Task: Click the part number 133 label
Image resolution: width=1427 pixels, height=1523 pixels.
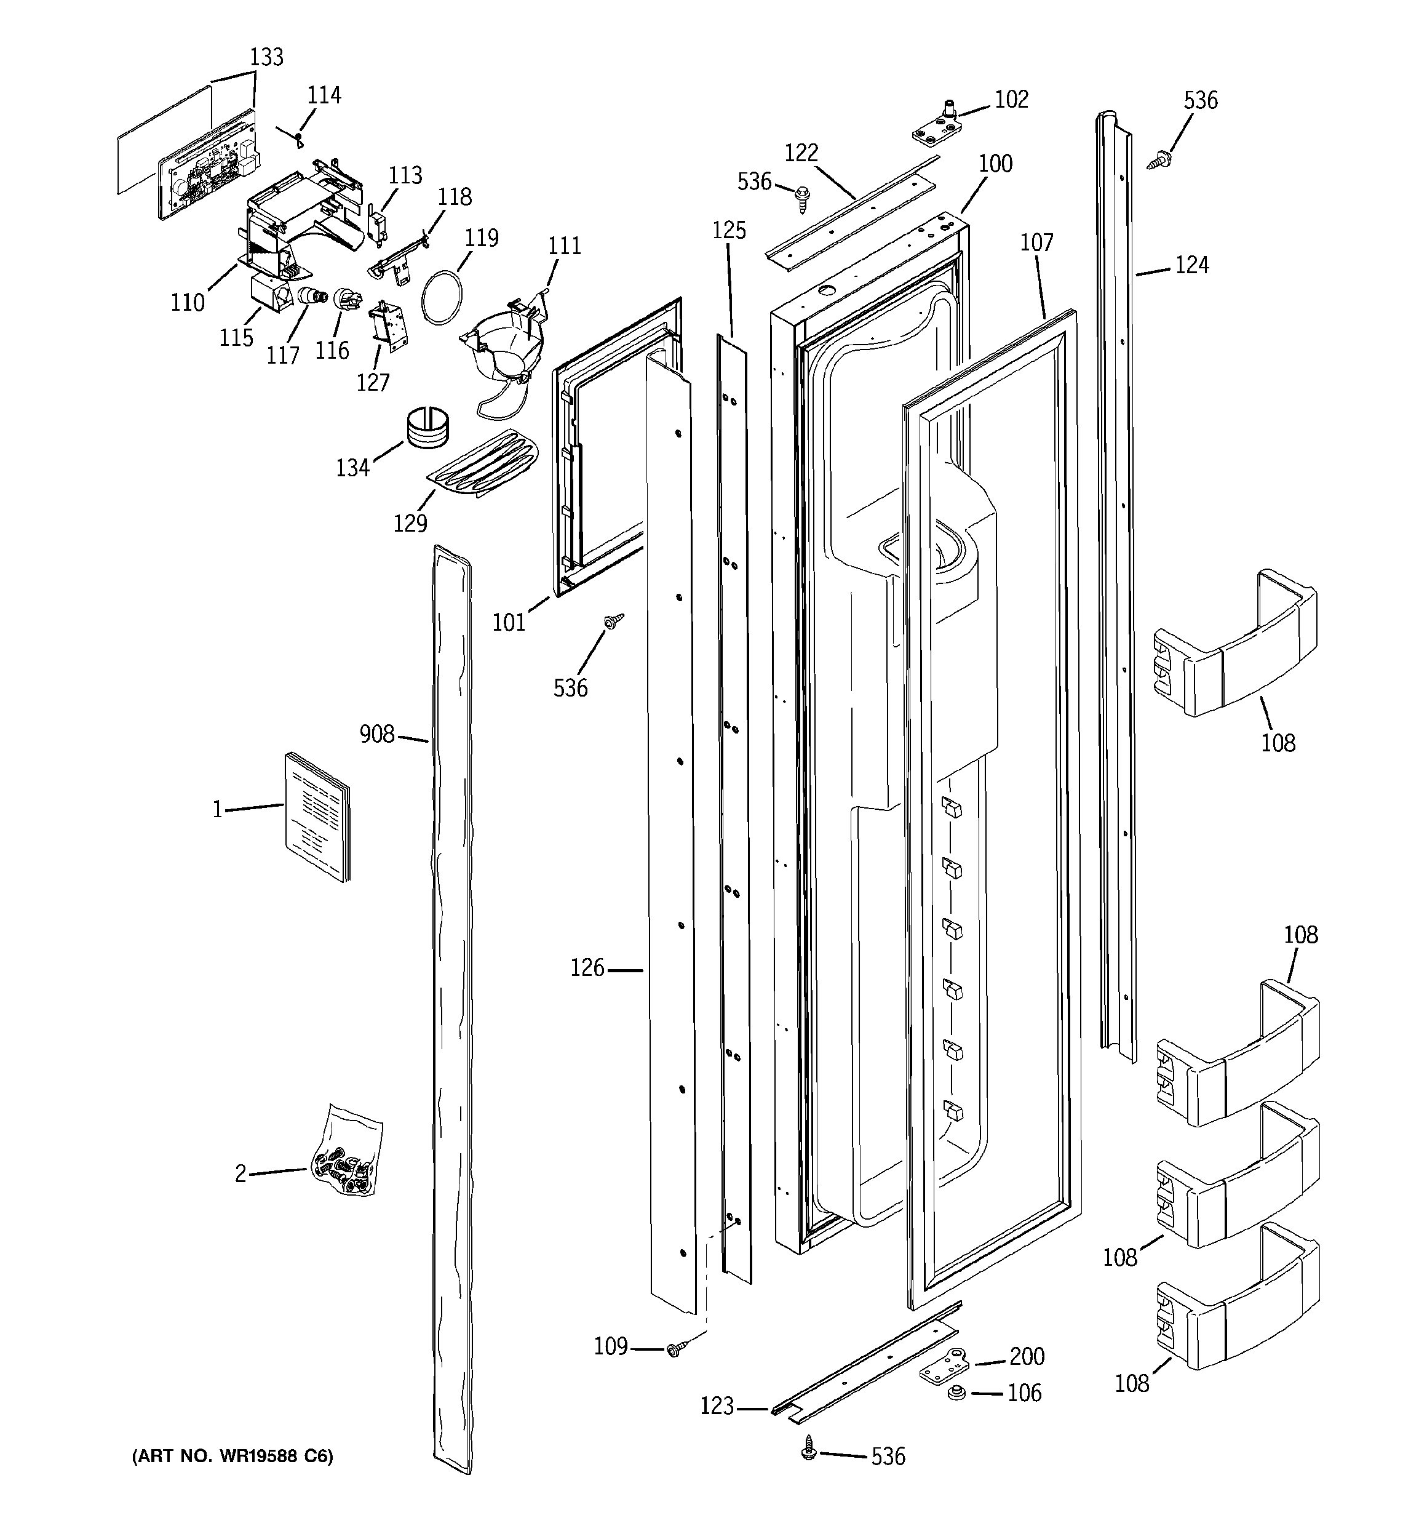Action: point(266,57)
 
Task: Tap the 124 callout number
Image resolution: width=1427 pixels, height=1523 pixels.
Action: point(1192,265)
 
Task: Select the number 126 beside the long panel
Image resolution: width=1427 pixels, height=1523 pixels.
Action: point(587,969)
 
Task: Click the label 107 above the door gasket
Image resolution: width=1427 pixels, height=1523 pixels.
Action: point(1036,243)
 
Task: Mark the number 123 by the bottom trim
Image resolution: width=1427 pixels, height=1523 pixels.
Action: point(717,1407)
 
